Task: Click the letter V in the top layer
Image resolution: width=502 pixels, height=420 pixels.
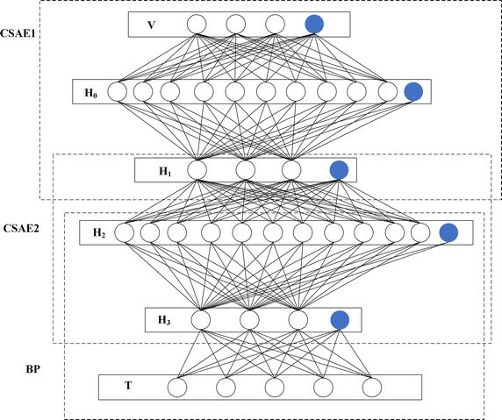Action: [x=151, y=25]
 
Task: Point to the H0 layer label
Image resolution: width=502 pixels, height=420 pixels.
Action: [x=90, y=90]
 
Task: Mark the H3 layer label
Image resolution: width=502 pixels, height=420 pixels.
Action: [x=164, y=319]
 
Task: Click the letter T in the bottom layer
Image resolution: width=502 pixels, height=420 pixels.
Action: [x=128, y=386]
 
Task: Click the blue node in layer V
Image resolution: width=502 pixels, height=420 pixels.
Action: [x=315, y=24]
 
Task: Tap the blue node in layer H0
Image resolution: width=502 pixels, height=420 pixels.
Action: [x=414, y=90]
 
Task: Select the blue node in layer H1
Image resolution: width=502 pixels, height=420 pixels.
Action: [x=338, y=169]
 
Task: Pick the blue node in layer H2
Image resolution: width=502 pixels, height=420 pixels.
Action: [x=448, y=232]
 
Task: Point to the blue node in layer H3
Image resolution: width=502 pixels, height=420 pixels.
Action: [x=340, y=320]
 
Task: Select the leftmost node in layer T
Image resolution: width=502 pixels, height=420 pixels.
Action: [x=177, y=387]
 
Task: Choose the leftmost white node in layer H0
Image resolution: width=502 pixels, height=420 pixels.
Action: [x=116, y=90]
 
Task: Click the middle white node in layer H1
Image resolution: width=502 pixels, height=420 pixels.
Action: [x=245, y=169]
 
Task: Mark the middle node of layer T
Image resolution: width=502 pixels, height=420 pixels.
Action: [x=275, y=387]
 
